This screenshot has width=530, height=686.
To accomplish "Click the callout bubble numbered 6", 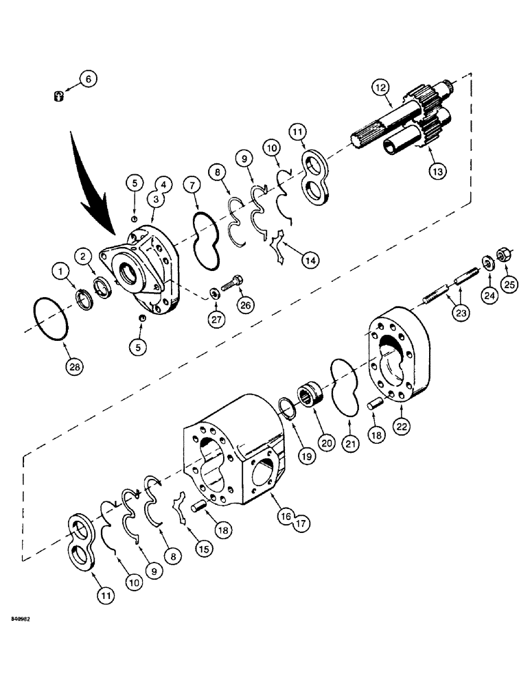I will tap(87, 79).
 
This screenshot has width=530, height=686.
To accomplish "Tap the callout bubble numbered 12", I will tap(381, 87).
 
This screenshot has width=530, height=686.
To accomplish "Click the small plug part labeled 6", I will tap(58, 97).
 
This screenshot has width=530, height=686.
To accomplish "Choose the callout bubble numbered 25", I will tap(509, 283).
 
